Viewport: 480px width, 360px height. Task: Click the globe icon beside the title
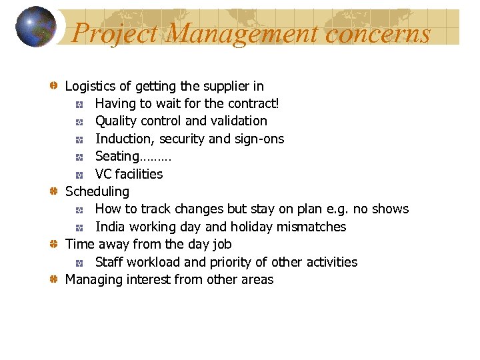click(x=35, y=27)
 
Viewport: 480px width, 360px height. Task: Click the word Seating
click(x=117, y=157)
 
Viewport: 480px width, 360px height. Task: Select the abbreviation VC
click(x=103, y=174)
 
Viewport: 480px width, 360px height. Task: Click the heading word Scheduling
click(x=97, y=192)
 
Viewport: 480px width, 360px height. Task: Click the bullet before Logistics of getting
click(x=55, y=86)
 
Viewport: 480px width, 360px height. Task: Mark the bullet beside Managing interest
click(x=55, y=279)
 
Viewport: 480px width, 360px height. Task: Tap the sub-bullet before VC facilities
click(x=79, y=175)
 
